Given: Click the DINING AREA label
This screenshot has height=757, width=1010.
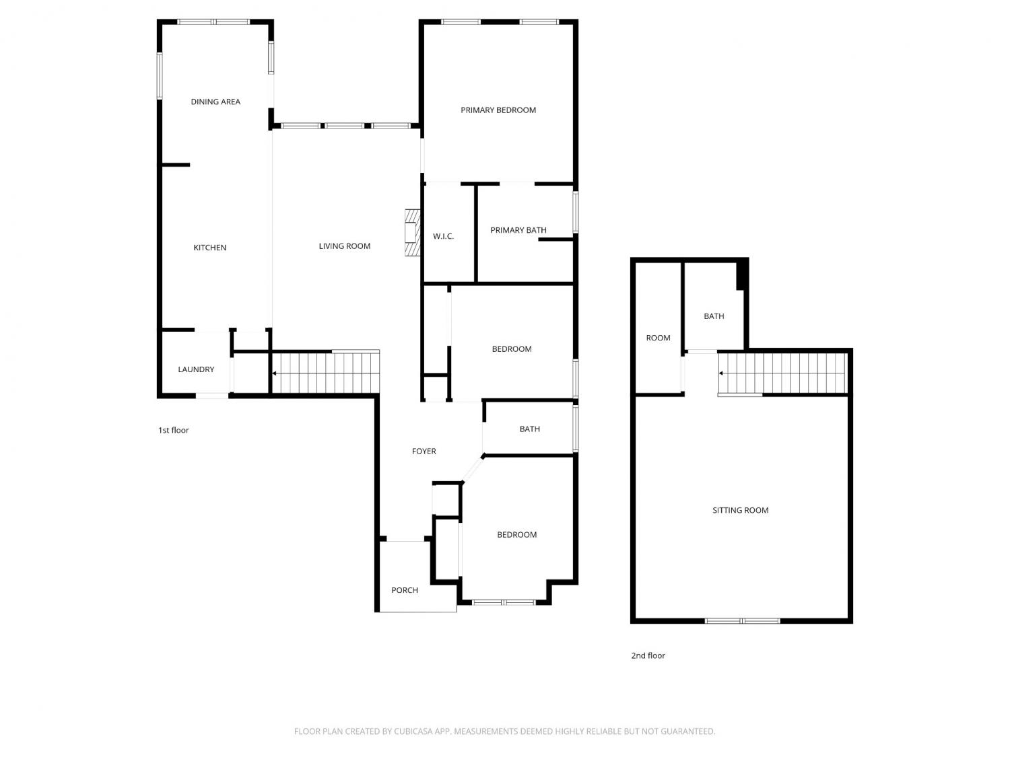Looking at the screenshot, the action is click(215, 102).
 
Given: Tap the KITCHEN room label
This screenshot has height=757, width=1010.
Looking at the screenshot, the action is click(210, 248).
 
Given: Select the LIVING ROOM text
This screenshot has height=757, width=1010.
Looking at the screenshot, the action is click(345, 246).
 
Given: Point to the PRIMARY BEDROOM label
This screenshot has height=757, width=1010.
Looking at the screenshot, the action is click(498, 110).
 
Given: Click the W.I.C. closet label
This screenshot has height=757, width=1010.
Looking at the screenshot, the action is click(443, 236).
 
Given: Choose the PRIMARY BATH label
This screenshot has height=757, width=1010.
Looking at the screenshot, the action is click(518, 230).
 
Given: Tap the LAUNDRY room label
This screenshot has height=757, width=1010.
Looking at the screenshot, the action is click(196, 369).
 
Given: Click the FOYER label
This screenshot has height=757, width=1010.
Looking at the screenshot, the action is click(424, 452).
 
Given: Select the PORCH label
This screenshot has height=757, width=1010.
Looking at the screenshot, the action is click(405, 590).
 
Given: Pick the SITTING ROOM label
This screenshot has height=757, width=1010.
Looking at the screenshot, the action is click(741, 510).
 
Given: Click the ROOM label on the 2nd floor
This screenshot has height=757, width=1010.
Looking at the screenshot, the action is click(658, 338).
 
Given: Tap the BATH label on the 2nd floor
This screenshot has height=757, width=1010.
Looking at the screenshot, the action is click(714, 316).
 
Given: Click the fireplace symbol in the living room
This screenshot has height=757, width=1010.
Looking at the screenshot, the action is click(412, 233).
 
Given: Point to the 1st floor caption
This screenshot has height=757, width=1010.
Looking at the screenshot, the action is click(174, 430).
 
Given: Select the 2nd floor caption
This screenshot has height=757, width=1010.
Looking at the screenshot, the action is click(648, 656).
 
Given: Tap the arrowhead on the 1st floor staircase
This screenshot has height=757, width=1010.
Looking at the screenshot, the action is click(274, 373).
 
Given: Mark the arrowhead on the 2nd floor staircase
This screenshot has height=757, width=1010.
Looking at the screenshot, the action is click(721, 373).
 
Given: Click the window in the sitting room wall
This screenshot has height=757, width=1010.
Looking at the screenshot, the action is click(742, 621).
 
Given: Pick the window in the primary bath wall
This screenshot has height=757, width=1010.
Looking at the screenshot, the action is click(575, 212).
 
